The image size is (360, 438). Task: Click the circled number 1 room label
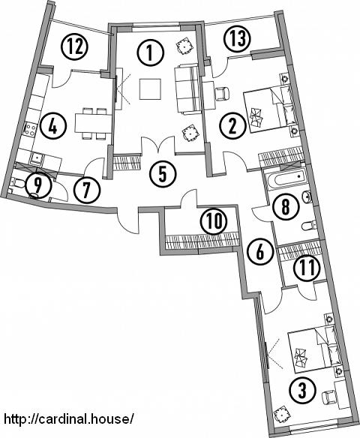(x=150, y=53)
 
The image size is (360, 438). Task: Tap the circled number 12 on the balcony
(x=75, y=46)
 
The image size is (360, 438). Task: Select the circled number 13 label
(x=238, y=38)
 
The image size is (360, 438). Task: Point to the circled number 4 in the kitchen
(x=52, y=127)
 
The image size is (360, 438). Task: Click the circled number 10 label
(x=214, y=221)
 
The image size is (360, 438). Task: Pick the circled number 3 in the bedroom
(x=303, y=390)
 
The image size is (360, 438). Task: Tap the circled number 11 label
(x=307, y=268)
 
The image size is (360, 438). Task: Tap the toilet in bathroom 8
(x=309, y=226)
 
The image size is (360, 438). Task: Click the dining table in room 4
(x=94, y=124)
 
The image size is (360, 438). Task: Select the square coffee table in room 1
(x=150, y=88)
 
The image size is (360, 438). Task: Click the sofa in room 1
(x=187, y=88)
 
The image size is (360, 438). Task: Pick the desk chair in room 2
(x=223, y=93)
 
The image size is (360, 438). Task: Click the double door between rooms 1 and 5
(x=159, y=145)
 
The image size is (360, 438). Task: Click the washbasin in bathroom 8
(x=307, y=197)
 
